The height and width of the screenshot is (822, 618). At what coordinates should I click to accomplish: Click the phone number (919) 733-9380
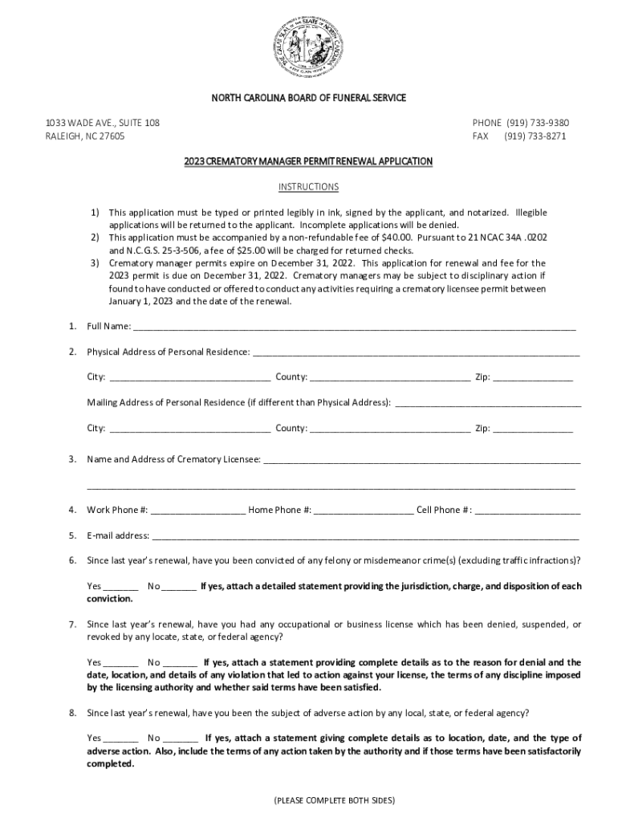click(537, 123)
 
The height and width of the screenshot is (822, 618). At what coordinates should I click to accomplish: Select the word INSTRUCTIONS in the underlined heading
click(308, 187)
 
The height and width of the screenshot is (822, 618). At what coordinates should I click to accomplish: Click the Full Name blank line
click(354, 326)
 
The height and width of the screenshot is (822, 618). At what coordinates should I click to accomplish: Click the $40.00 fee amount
click(396, 238)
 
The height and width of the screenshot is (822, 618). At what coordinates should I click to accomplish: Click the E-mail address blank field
click(365, 535)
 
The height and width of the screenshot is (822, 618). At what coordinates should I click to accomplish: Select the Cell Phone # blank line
click(527, 510)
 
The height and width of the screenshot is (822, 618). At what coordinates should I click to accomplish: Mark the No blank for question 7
click(181, 662)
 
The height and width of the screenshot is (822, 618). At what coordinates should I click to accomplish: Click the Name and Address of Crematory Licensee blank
click(421, 459)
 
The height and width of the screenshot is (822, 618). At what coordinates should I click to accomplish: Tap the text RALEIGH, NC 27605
click(85, 136)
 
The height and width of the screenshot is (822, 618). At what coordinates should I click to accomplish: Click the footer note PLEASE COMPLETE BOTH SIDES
click(334, 800)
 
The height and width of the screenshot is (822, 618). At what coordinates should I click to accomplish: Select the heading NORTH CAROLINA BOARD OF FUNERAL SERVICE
click(309, 98)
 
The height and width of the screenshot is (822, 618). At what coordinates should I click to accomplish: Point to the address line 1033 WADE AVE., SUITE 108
click(102, 123)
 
